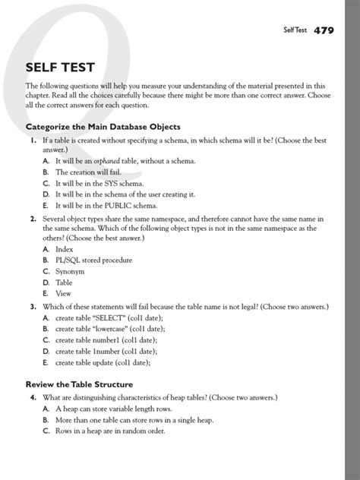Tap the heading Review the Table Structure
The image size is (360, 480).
[79, 384]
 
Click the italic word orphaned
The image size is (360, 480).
[110, 161]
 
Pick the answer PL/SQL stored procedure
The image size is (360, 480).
[93, 260]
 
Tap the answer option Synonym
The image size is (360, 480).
[70, 271]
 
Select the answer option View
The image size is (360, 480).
[63, 293]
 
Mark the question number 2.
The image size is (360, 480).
[33, 219]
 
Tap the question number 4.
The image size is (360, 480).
[33, 397]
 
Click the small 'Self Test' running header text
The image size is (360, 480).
[295, 31]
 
